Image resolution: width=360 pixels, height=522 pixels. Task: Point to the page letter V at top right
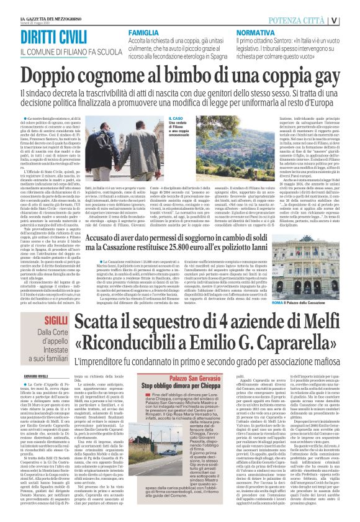point(351,19)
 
